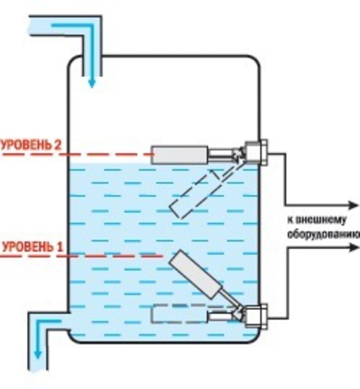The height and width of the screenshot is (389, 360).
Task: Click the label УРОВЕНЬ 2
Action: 31,145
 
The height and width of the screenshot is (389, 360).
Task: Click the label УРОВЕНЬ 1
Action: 33,247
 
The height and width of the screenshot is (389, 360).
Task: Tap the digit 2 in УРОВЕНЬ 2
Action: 57,145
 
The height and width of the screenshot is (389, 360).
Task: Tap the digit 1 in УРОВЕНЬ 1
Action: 60,247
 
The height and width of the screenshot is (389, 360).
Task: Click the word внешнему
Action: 317,220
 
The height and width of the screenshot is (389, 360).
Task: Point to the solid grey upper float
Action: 180,155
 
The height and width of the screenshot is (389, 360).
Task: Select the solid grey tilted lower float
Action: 195,274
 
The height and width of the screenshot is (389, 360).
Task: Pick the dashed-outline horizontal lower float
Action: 179,313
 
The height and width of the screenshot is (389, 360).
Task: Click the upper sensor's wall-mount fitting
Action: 256,153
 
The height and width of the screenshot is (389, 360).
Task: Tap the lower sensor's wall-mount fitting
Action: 256,317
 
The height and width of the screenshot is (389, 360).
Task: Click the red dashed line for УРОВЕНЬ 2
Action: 77,154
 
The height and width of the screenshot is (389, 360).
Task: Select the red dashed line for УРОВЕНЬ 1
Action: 81,256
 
